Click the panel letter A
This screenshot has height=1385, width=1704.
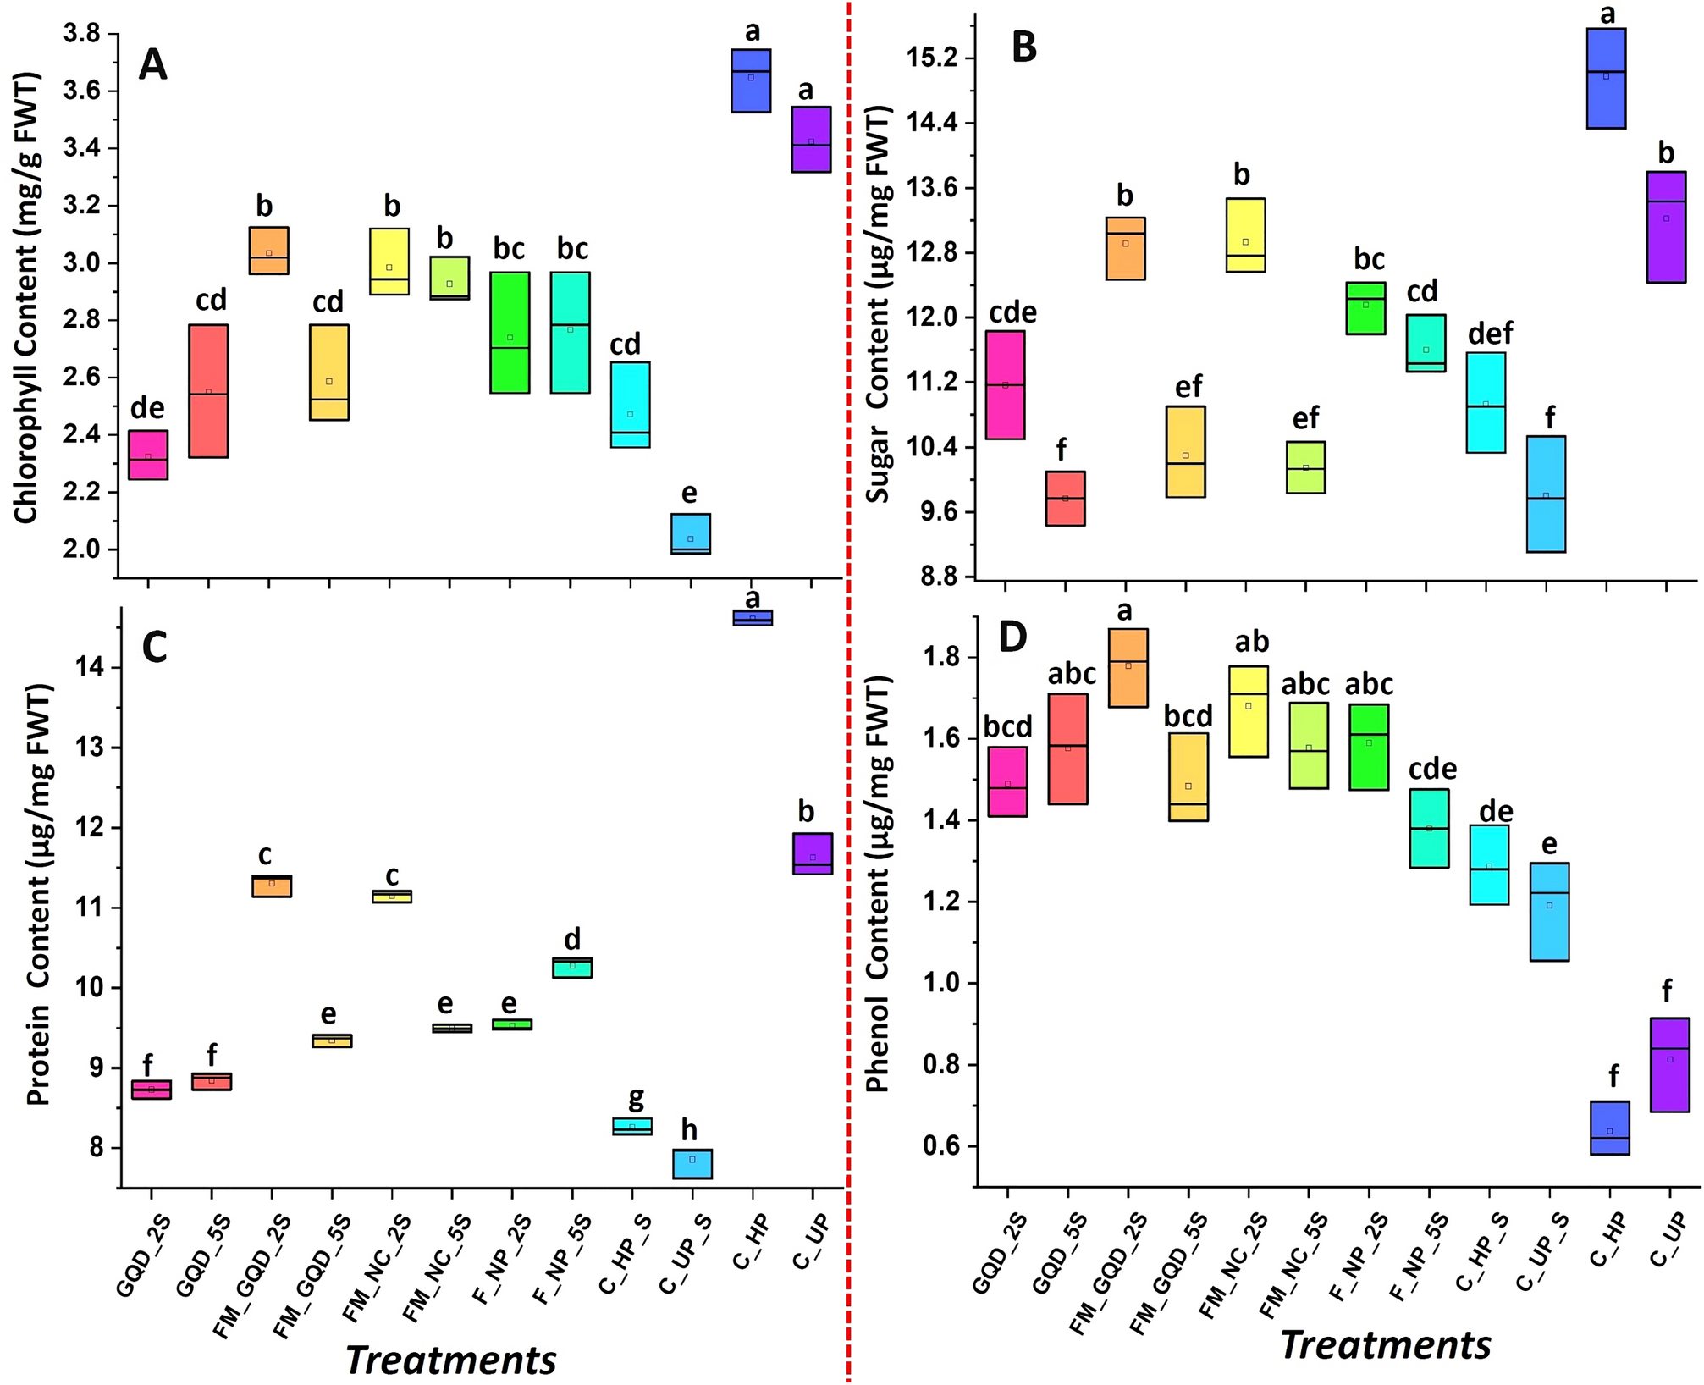click(x=152, y=64)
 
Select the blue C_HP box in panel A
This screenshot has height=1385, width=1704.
click(x=751, y=80)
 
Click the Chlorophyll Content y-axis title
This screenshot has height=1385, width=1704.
click(x=27, y=298)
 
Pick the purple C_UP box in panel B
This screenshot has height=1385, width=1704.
click(x=1666, y=227)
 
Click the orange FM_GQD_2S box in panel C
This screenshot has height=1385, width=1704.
click(x=272, y=886)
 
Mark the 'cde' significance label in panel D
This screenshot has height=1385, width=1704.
click(x=1432, y=770)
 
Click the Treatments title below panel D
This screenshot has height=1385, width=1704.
click(x=1386, y=1345)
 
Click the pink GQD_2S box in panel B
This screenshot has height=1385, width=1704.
click(x=1005, y=385)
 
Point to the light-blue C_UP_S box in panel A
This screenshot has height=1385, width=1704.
click(x=691, y=533)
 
